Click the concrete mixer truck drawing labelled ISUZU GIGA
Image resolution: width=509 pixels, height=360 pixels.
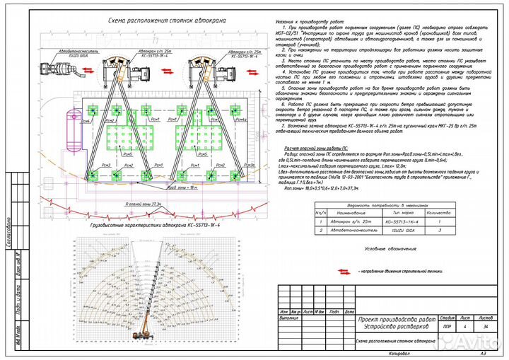[x=59, y=69]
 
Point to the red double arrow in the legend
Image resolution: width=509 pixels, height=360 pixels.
[x=346, y=271]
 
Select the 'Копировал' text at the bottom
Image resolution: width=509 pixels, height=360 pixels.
[x=399, y=352]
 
